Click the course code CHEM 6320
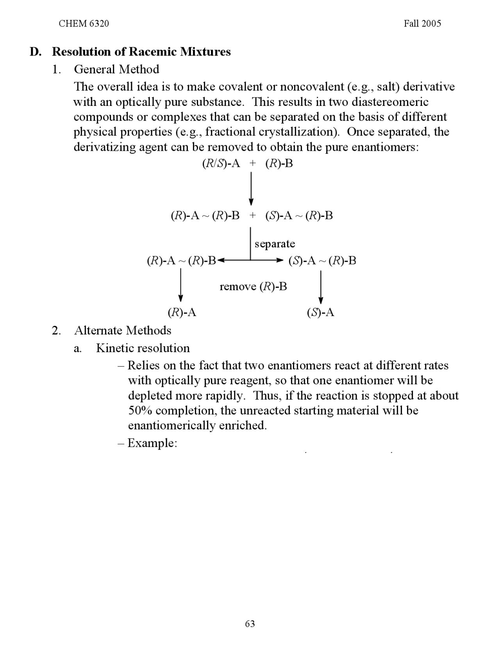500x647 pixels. tap(84, 23)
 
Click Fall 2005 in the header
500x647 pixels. tap(422, 23)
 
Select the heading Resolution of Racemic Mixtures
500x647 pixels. tap(141, 52)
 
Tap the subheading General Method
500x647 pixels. tap(116, 69)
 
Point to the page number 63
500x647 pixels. tap(250, 623)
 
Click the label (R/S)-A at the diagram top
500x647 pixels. tap(221, 163)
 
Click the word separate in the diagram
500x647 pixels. tap(275, 244)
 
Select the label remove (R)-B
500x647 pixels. tap(253, 287)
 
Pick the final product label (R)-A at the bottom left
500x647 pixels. tap(182, 313)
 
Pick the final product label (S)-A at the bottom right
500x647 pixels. tap(321, 313)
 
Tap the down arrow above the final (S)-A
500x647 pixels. tap(321, 287)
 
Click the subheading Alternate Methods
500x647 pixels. tap(123, 331)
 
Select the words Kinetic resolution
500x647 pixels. tap(143, 348)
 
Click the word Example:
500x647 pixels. tap(152, 443)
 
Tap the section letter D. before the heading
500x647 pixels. tap(36, 52)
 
